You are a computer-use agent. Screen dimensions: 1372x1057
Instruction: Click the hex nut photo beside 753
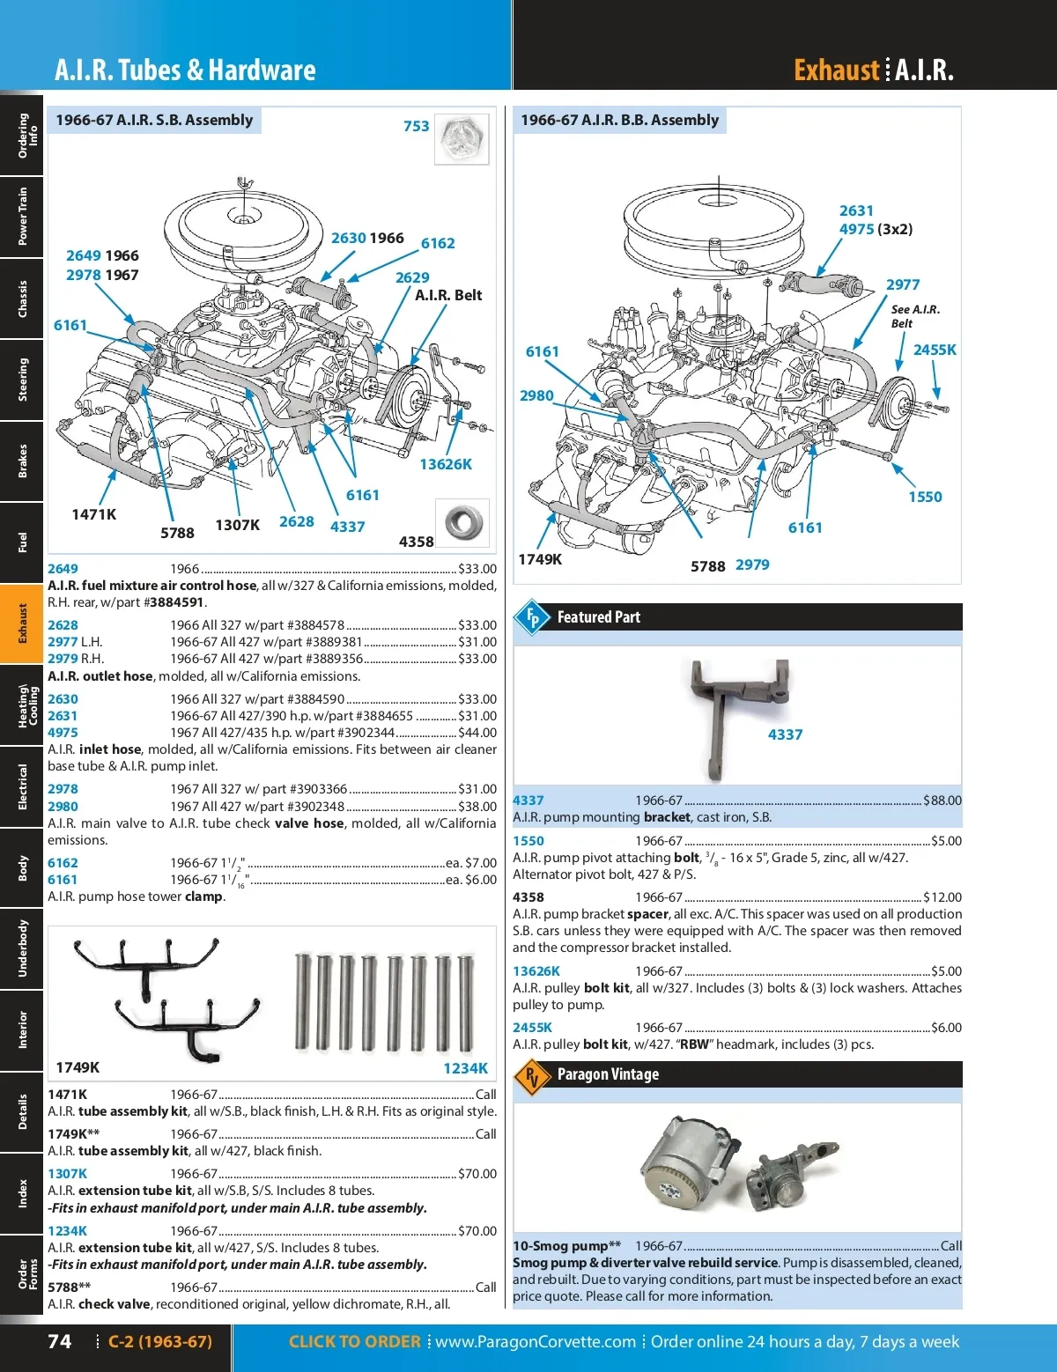click(x=462, y=138)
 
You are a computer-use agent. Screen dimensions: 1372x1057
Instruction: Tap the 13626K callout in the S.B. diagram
click(x=445, y=464)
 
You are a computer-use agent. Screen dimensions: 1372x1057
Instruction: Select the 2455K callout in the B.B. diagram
click(x=934, y=350)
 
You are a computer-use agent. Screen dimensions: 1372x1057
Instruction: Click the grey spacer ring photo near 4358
click(x=462, y=521)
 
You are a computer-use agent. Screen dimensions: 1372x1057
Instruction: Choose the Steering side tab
click(x=22, y=380)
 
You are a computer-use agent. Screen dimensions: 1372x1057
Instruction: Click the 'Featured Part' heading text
click(x=598, y=617)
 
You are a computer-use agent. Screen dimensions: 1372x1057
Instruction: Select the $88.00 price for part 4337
click(x=942, y=800)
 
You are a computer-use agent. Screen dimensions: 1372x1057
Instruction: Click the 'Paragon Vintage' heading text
click(x=608, y=1074)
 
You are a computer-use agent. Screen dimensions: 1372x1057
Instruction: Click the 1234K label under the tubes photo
click(x=465, y=1068)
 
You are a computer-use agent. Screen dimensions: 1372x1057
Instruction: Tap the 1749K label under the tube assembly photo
click(x=78, y=1067)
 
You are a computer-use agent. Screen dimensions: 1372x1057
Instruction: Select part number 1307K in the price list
click(x=67, y=1174)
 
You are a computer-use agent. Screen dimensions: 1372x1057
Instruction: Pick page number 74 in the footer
click(x=60, y=1341)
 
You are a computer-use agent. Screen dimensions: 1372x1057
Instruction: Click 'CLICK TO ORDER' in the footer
click(x=354, y=1342)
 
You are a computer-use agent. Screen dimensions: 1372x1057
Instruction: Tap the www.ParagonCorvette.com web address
click(x=536, y=1342)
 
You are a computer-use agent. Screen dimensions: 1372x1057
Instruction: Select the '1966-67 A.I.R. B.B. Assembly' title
click(x=619, y=120)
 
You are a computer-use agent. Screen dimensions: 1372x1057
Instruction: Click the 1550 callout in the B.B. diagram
click(x=925, y=497)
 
